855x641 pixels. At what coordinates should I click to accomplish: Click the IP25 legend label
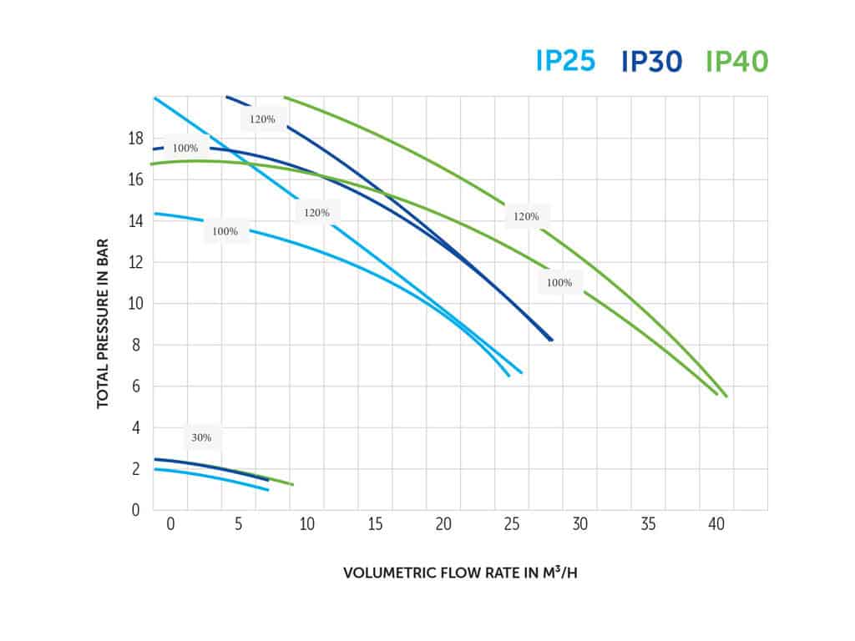point(564,61)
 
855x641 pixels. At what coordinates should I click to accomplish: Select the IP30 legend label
point(652,61)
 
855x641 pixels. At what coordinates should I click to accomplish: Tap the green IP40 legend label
point(736,61)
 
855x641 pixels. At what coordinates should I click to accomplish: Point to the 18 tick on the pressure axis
point(137,138)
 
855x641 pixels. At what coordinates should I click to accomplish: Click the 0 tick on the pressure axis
point(137,509)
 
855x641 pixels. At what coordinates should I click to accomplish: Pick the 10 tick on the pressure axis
point(137,303)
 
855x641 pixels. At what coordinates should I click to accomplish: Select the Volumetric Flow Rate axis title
point(460,573)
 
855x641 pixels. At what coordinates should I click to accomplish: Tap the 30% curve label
point(202,437)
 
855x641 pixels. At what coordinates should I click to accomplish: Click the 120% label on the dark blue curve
point(262,119)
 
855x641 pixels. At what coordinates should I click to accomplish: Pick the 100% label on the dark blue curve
point(185,148)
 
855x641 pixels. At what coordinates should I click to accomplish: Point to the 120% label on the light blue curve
point(316,213)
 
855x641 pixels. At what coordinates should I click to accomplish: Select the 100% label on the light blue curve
point(225,231)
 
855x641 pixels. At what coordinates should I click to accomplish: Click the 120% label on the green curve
point(526,216)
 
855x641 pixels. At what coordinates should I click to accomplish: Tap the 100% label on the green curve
point(559,282)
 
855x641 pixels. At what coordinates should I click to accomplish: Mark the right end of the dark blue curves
point(551,340)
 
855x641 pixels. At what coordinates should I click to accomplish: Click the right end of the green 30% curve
point(292,484)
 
